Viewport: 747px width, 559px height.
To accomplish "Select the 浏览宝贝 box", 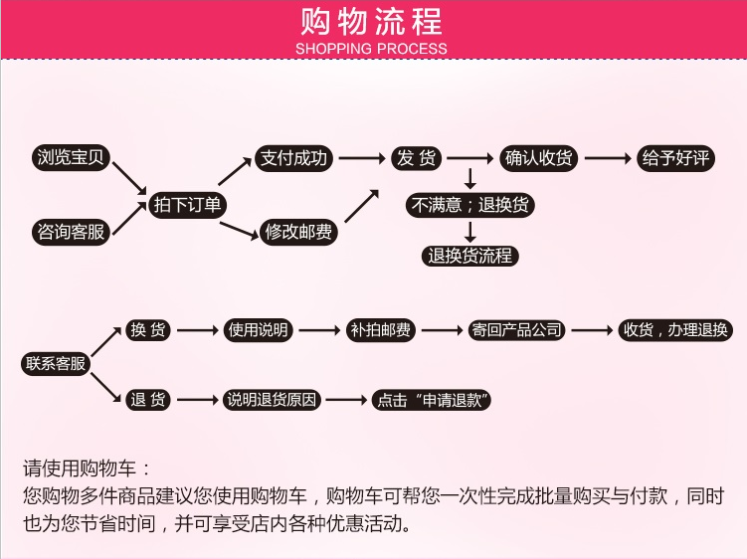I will tap(70, 158).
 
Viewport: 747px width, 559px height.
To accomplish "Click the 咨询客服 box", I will tap(70, 233).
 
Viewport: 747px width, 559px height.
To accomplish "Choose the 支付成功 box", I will tap(292, 158).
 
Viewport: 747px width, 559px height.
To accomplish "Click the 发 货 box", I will tap(417, 158).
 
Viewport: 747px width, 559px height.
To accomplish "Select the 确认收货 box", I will tap(538, 158).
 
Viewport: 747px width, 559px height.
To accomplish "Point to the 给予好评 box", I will tap(675, 158).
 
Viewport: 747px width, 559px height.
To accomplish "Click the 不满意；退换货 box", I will tap(470, 206).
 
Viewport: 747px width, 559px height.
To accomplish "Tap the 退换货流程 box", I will tap(470, 256).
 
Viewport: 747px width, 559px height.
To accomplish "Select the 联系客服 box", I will tap(56, 364).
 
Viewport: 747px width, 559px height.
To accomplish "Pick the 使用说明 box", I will tap(258, 330).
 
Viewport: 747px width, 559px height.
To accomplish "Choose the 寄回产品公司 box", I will tap(517, 330).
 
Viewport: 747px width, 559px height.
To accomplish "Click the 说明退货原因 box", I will tap(272, 400).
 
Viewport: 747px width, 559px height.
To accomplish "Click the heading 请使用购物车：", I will tap(88, 467).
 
